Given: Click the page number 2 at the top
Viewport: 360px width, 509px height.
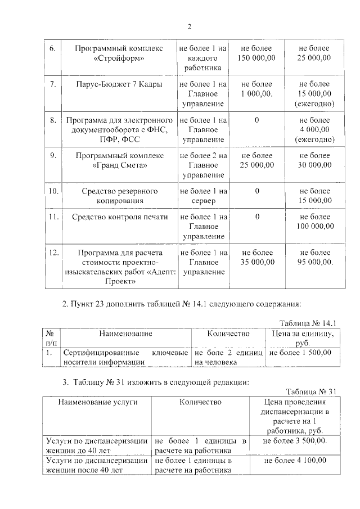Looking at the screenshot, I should [190, 26].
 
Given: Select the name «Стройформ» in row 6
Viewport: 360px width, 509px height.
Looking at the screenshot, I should [118, 58].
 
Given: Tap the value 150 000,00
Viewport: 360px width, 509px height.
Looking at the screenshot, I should [256, 58].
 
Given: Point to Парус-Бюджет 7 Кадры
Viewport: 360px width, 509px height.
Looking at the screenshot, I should [118, 84].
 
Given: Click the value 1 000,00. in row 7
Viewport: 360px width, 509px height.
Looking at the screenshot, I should [256, 94].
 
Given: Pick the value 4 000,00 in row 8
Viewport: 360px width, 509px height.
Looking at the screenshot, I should [315, 129].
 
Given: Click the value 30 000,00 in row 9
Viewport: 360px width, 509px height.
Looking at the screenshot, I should [315, 165].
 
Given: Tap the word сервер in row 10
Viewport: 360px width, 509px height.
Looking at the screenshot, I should [202, 200].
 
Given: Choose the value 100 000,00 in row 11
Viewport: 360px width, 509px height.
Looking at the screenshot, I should [315, 226].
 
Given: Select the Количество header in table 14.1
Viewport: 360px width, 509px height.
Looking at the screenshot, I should [228, 334].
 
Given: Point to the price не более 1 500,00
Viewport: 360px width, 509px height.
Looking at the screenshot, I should [300, 353].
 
